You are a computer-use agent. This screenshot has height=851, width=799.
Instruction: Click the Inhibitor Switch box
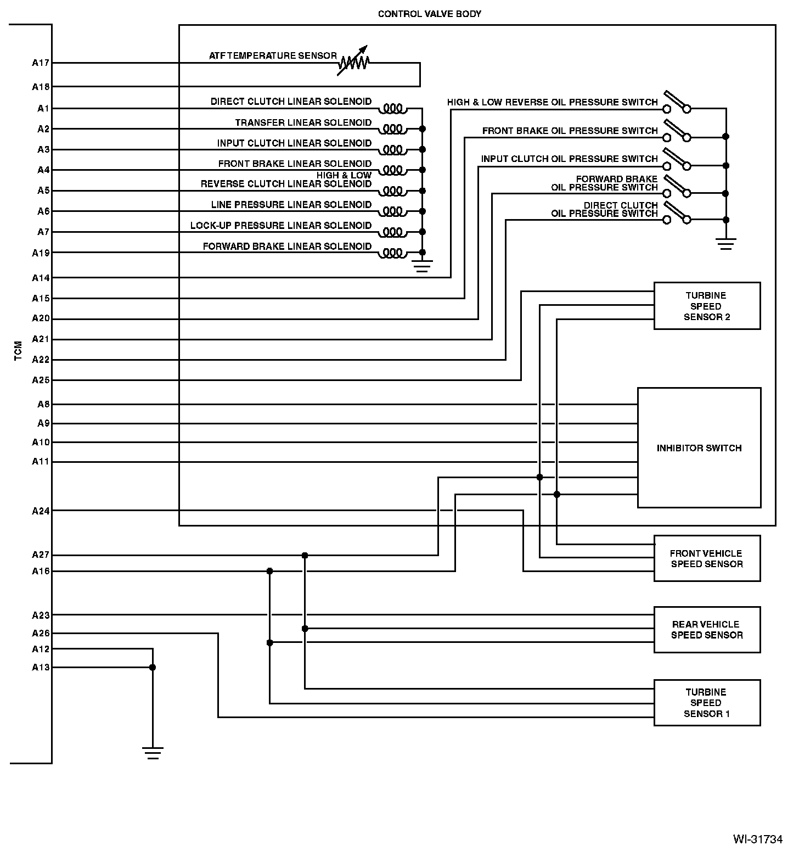[x=699, y=448]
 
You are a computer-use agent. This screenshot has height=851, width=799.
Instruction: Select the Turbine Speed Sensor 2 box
[x=707, y=306]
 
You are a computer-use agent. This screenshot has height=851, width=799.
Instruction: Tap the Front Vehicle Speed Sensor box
[x=707, y=558]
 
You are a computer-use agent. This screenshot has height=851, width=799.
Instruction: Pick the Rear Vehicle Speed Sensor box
[x=707, y=630]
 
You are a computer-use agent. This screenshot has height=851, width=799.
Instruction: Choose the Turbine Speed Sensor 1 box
[x=707, y=703]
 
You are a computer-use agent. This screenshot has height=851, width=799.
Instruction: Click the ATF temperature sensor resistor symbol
[x=353, y=62]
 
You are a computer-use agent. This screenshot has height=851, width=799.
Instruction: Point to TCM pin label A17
[x=41, y=63]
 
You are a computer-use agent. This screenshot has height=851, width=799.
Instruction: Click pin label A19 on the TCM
[x=41, y=253]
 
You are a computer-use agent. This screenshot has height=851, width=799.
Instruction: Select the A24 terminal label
[x=41, y=511]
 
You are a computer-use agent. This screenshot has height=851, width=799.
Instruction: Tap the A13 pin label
[x=41, y=668]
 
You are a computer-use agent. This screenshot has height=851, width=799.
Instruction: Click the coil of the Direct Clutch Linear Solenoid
[x=393, y=108]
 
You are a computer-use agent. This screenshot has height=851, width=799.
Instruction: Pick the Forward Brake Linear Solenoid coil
[x=393, y=253]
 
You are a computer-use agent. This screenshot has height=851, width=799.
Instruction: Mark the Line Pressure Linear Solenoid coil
[x=393, y=211]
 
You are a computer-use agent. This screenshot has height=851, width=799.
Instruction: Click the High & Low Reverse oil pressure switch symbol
[x=677, y=103]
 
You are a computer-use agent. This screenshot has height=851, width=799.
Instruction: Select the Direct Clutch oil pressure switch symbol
[x=677, y=214]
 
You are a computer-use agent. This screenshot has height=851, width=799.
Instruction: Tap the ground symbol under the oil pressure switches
[x=725, y=243]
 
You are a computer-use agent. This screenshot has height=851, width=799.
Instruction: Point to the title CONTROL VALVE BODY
[x=429, y=14]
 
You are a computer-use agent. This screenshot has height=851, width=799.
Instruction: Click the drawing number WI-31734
[x=757, y=839]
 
